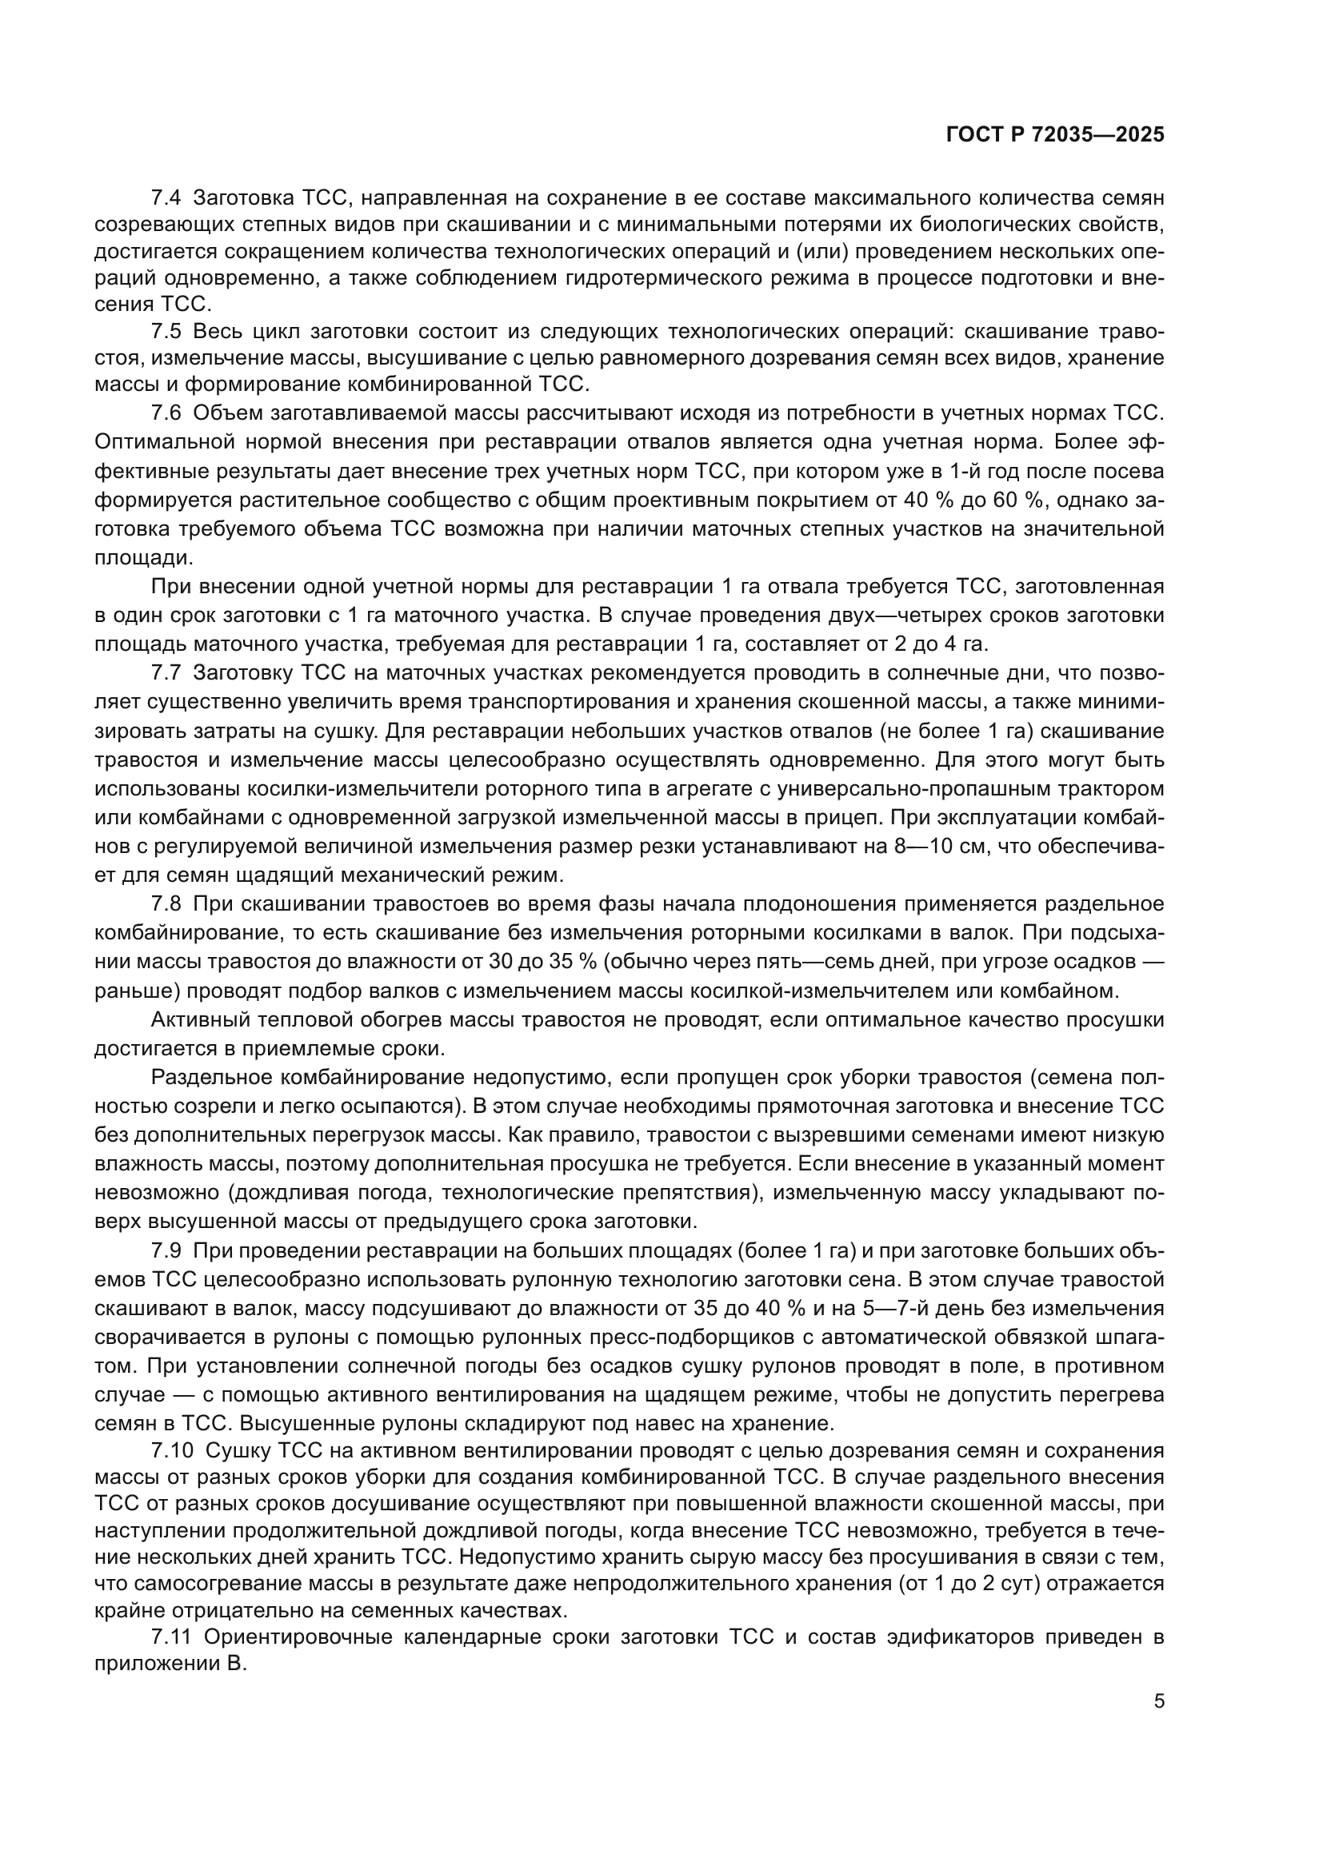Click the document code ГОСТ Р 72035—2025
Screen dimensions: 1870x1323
[x=1055, y=135]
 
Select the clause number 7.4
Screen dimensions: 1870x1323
[x=167, y=197]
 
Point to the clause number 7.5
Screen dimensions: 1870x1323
[x=167, y=332]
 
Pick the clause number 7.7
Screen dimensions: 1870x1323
[x=167, y=673]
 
